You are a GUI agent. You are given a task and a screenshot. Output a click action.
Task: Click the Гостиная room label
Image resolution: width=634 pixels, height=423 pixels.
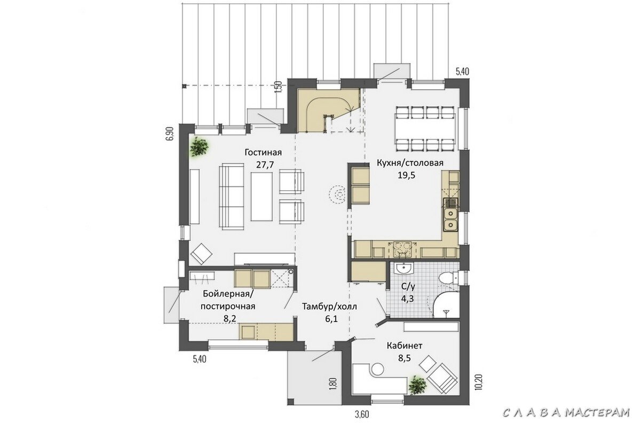coord(263,153)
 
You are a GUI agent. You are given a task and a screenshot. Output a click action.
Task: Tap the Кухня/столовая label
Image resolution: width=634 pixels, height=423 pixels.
coord(410,163)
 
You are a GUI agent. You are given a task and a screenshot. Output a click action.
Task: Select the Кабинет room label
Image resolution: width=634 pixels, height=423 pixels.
coord(405,346)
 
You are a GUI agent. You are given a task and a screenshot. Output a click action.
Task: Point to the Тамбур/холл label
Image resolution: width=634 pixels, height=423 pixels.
coord(329,307)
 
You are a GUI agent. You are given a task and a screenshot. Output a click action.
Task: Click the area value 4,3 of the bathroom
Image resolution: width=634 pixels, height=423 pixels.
coord(408,299)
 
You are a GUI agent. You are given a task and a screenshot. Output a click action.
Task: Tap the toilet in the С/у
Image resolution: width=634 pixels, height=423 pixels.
coord(449,278)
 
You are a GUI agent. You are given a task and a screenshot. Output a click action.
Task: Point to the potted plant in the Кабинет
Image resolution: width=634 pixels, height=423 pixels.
coord(417,385)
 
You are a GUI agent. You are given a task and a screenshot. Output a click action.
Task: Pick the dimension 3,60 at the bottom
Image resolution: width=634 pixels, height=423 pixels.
coord(362,414)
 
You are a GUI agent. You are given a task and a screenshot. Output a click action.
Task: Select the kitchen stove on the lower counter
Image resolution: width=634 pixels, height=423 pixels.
coord(402,249)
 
